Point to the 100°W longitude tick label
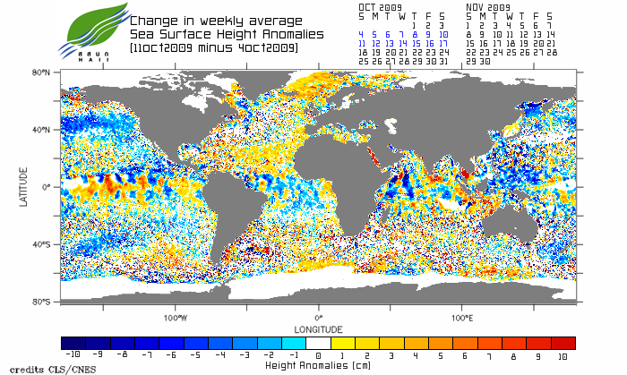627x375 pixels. click(x=175, y=318)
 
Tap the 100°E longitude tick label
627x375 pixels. click(x=461, y=318)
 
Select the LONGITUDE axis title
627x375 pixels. click(x=318, y=328)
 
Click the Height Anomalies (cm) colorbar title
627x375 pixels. click(x=318, y=365)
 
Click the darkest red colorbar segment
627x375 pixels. click(x=563, y=343)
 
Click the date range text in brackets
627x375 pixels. click(x=213, y=47)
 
